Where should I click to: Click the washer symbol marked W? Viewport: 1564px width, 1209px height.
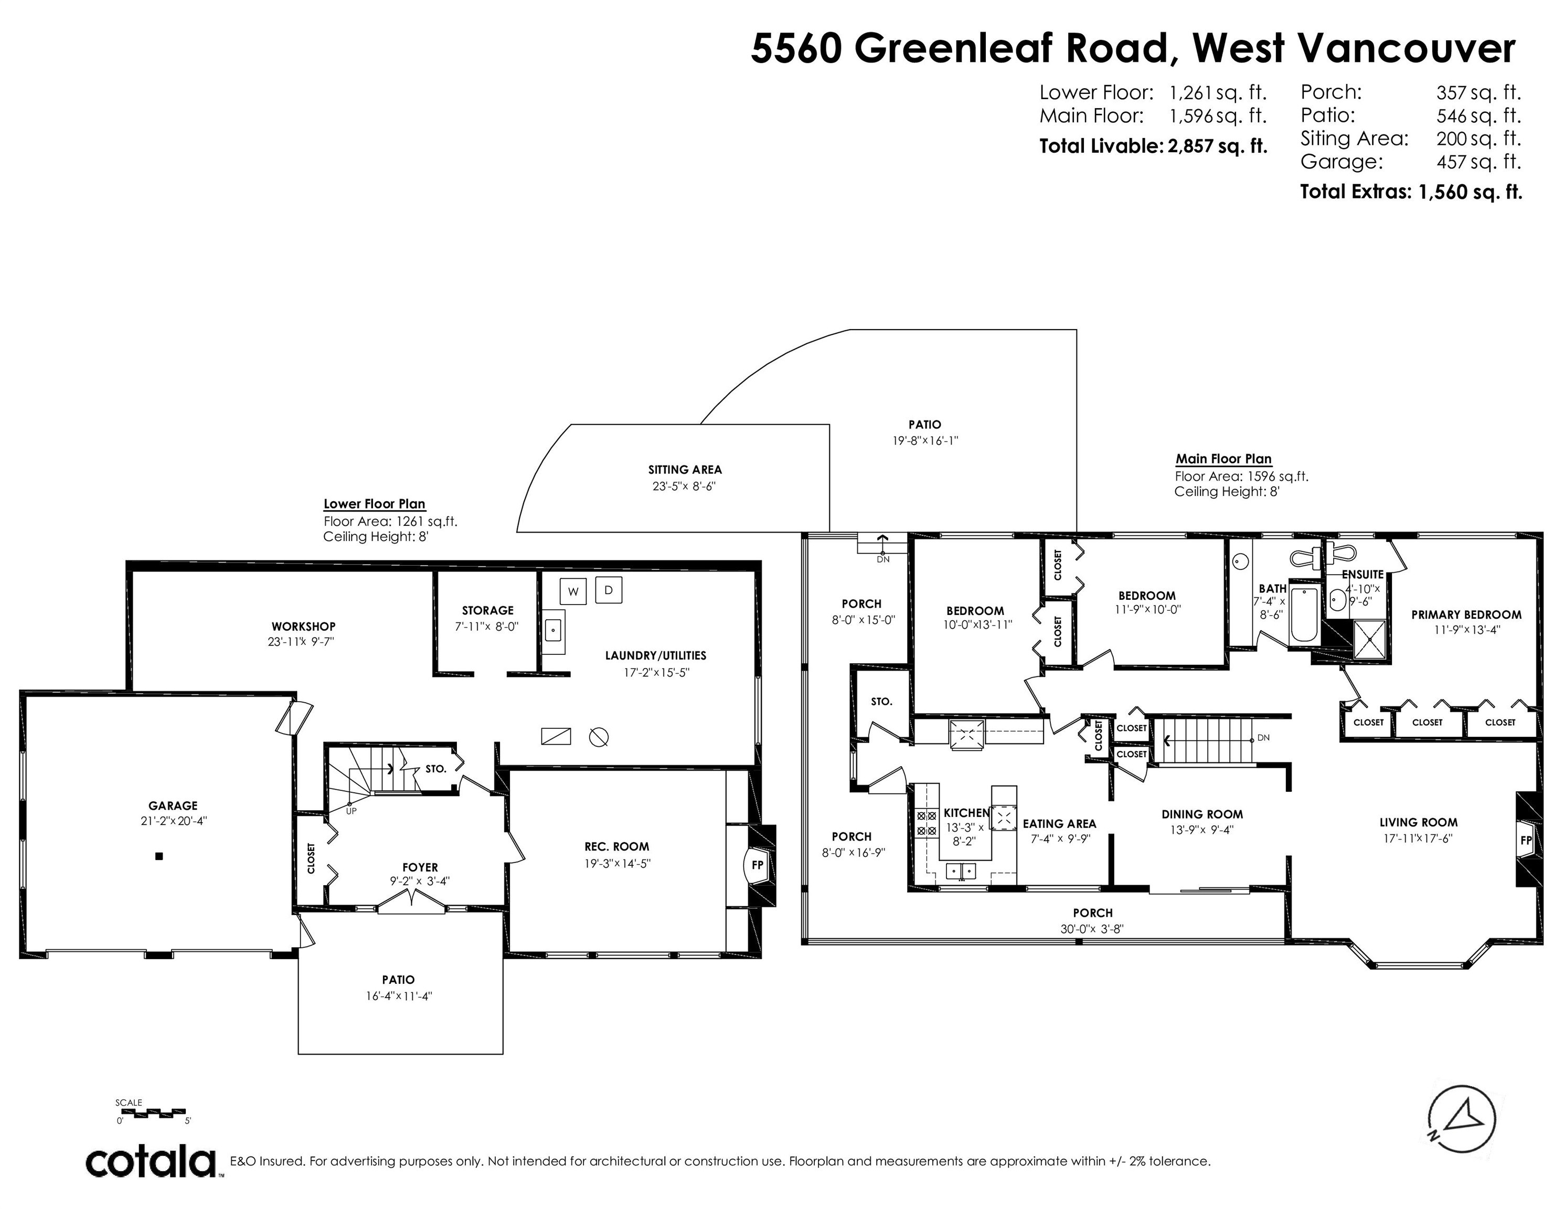(573, 591)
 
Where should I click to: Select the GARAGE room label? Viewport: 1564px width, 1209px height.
(173, 806)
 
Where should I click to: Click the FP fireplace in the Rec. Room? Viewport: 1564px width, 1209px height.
(757, 865)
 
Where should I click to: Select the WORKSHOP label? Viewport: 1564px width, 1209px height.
(303, 627)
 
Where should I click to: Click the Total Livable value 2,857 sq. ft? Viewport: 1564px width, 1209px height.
(1217, 146)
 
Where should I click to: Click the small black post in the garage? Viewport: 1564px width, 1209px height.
(159, 856)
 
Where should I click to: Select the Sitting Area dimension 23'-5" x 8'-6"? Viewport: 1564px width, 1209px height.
(684, 486)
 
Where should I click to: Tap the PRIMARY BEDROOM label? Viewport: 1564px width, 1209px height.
(1466, 614)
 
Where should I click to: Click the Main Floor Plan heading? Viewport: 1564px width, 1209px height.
(1223, 459)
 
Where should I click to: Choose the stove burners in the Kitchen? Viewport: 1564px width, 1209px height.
(927, 823)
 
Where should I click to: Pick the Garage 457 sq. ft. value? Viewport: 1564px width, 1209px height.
(1478, 162)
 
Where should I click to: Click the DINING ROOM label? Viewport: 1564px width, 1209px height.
(1201, 814)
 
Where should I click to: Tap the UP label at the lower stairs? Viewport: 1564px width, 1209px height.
(351, 811)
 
